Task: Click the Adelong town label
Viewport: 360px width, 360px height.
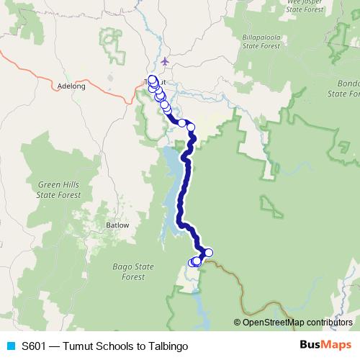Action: point(71,86)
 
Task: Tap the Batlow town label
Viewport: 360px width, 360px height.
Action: point(117,225)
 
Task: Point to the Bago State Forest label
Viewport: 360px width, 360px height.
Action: point(133,271)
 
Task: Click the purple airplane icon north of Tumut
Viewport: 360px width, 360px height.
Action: point(167,61)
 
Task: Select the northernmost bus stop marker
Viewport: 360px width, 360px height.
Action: point(151,79)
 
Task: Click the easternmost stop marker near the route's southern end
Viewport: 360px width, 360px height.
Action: point(209,252)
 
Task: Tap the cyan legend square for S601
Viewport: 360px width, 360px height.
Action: point(10,346)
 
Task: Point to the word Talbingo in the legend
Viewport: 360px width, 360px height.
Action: point(168,346)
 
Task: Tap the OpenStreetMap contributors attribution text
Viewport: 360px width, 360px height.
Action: point(298,322)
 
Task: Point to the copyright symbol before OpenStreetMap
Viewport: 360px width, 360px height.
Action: point(238,322)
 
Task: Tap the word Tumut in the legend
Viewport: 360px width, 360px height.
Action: point(78,346)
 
